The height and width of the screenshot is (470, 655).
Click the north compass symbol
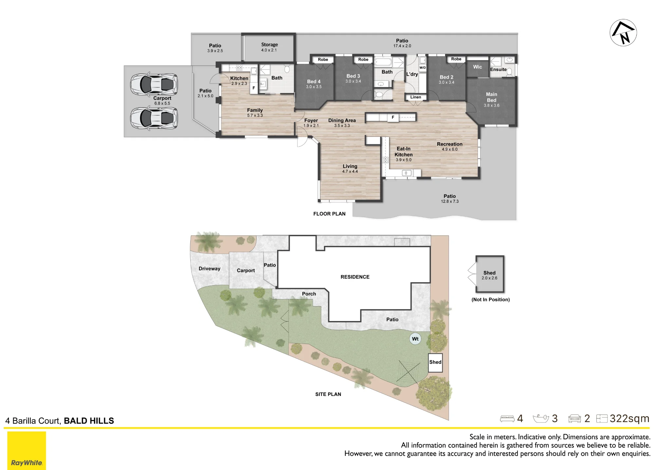pos(623,32)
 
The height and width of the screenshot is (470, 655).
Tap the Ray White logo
pos(27,450)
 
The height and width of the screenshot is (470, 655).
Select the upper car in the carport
pos(154,84)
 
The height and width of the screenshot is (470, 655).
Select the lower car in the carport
pos(154,118)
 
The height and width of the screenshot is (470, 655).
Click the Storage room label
pos(270,45)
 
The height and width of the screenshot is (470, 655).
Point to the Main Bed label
pos(492,97)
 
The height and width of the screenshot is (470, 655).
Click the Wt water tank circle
pos(415,339)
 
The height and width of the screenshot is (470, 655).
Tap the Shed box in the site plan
pos(435,362)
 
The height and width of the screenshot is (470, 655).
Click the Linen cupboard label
pos(416,97)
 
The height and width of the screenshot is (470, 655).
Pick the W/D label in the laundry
pos(423,68)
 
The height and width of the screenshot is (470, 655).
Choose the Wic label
pos(477,67)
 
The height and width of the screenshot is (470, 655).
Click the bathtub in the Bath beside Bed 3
pos(383,62)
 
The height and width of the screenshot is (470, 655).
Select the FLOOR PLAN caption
pos(329,214)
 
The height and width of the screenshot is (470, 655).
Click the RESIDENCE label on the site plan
pos(355,277)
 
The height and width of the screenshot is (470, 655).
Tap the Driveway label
pos(210,269)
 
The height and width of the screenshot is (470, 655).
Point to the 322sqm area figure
pos(629,419)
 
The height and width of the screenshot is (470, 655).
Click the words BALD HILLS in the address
pos(89,421)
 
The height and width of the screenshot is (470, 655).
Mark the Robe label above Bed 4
pos(323,60)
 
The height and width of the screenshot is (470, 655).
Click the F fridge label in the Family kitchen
pos(254,88)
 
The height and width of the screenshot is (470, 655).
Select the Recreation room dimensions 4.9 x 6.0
pos(450,149)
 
